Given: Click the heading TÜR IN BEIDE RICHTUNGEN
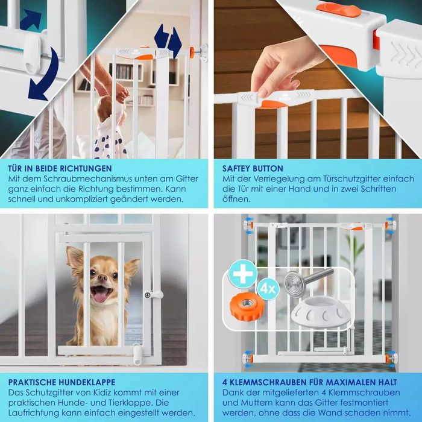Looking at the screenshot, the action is tap(60, 168).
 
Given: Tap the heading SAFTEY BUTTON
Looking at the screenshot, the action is tap(253, 168).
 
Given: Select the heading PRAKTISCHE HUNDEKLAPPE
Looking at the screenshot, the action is tap(61, 382).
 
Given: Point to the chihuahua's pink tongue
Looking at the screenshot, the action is tap(101, 297).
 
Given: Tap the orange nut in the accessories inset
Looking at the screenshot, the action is tap(245, 307).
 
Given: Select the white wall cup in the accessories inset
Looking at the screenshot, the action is tap(320, 312).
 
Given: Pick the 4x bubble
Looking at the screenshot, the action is tap(268, 289).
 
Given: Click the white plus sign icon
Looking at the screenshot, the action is tap(243, 274).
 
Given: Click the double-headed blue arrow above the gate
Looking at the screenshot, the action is tap(168, 40).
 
